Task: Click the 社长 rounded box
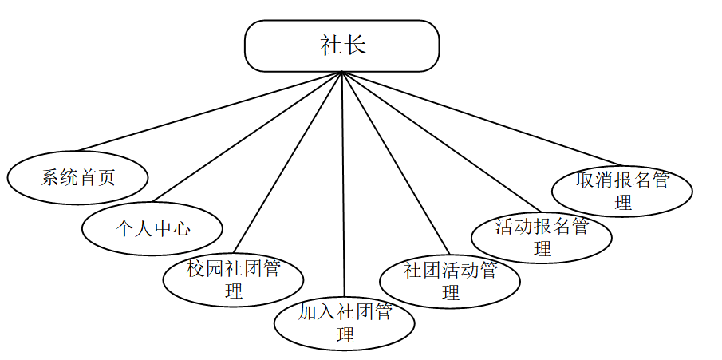pos(341,45)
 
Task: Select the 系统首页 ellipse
pos(78,176)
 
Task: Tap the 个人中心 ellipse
pos(152,229)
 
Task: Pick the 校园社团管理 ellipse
pos(233,279)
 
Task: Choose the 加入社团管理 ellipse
pos(345,322)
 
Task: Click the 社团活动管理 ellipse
pos(451,280)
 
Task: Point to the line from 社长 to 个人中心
pos(247,136)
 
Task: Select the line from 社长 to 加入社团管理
pos(343,184)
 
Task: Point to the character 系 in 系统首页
pos(50,176)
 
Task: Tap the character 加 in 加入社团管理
pos(308,312)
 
